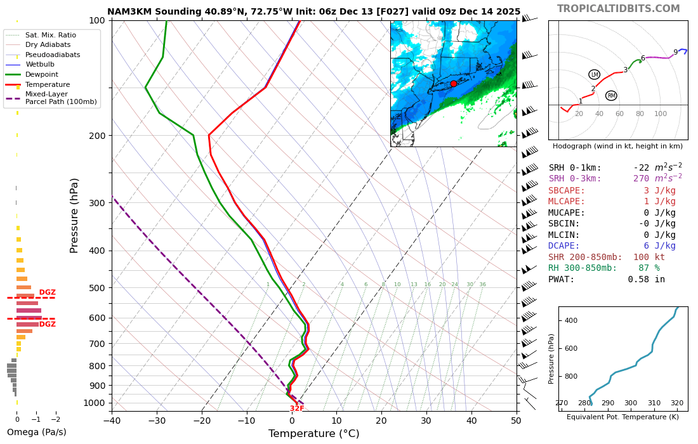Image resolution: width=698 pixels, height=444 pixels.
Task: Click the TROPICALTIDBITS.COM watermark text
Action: (x=618, y=9)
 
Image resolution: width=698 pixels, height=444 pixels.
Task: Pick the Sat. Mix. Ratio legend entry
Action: (x=50, y=35)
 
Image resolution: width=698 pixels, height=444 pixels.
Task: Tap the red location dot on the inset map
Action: (x=453, y=84)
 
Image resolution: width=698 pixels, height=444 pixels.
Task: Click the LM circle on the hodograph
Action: (x=594, y=75)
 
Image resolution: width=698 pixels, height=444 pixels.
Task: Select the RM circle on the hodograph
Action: (x=611, y=96)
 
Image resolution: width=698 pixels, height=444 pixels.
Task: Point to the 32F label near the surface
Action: (x=297, y=408)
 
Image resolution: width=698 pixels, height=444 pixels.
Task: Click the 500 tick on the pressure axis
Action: (x=96, y=288)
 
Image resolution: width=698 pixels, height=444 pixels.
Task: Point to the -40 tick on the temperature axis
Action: (x=112, y=420)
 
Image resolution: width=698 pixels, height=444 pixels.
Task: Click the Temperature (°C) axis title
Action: (x=313, y=434)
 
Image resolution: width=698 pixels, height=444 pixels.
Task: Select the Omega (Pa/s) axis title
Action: (x=36, y=433)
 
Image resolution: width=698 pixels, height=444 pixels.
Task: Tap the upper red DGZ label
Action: (x=48, y=292)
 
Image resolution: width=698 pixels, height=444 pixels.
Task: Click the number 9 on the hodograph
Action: (x=675, y=53)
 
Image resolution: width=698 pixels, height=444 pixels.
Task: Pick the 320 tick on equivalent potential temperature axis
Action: (x=677, y=403)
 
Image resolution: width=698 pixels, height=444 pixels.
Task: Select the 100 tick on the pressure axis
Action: (x=96, y=21)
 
